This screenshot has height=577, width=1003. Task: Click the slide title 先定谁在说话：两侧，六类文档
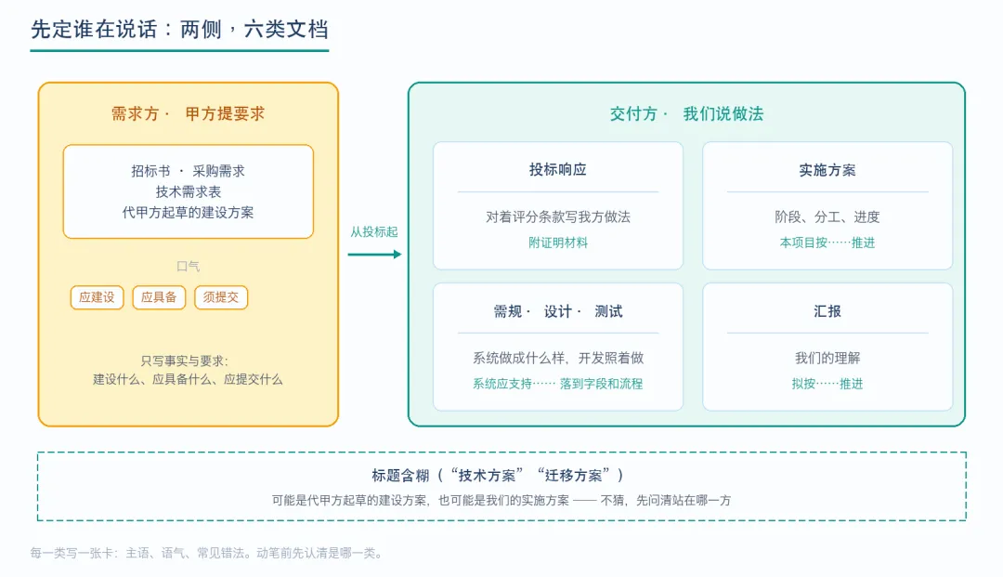click(179, 30)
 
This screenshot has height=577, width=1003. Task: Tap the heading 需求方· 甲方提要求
click(188, 114)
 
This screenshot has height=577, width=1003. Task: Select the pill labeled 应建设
click(97, 297)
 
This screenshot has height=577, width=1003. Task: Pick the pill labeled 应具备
click(159, 297)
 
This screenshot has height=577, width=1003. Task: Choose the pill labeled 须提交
click(221, 297)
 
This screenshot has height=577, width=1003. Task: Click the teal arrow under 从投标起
click(375, 255)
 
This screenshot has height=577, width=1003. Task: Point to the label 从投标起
click(373, 231)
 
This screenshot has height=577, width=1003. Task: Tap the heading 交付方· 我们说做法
click(686, 114)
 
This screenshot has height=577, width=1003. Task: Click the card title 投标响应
click(558, 169)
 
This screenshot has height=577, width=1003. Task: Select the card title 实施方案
click(827, 170)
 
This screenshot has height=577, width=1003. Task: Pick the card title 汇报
click(827, 311)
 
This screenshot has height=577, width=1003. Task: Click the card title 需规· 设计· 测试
click(558, 311)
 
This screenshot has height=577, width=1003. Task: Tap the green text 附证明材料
click(558, 243)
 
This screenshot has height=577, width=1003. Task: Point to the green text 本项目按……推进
click(827, 243)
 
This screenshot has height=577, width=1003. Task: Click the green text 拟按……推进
click(827, 384)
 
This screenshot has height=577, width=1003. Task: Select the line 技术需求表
click(188, 192)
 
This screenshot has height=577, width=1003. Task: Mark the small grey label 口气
click(188, 266)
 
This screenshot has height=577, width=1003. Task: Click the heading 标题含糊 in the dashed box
click(400, 476)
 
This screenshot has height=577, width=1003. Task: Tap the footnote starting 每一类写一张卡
click(206, 554)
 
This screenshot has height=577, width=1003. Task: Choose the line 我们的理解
click(827, 358)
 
